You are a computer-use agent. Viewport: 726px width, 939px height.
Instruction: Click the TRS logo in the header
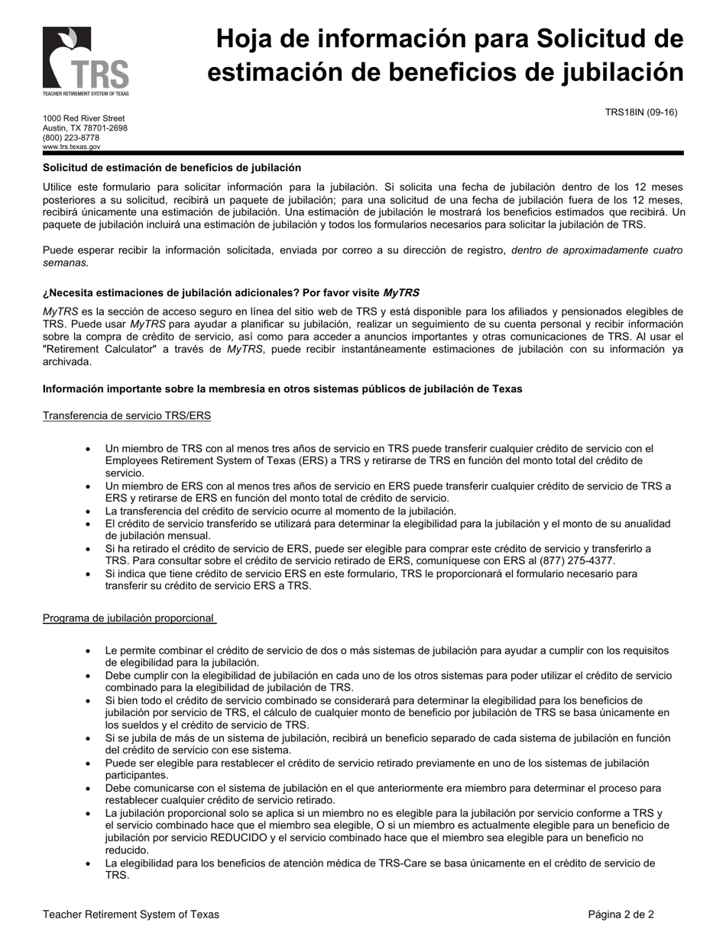86,61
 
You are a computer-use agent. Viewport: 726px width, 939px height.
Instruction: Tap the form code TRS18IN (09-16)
641,112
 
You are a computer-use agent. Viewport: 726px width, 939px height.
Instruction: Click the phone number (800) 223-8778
71,137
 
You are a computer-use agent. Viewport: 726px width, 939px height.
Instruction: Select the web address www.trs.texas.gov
71,147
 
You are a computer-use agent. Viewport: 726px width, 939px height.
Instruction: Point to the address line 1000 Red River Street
83,118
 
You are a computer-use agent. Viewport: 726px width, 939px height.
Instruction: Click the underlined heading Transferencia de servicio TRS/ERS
127,415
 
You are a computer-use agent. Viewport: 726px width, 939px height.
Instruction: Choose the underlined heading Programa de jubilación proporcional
128,618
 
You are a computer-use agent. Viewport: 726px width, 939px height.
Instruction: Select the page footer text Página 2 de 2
621,914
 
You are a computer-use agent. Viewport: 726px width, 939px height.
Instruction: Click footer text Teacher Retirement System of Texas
131,914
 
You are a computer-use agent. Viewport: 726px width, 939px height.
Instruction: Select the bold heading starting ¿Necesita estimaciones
231,292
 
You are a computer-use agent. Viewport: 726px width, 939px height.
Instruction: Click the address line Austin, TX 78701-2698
85,128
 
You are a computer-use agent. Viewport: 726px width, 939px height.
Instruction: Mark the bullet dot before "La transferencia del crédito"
89,511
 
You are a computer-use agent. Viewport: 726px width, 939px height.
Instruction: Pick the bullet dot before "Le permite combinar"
89,651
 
